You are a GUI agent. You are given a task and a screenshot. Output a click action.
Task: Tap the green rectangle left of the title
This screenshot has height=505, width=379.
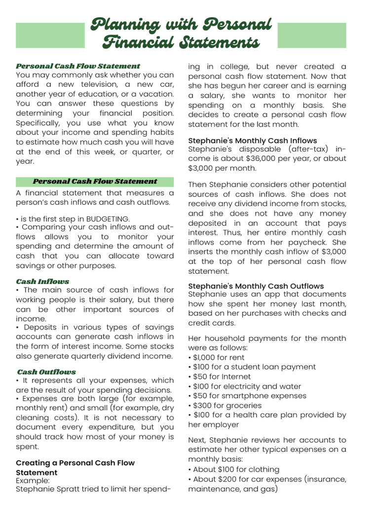(x=50, y=35)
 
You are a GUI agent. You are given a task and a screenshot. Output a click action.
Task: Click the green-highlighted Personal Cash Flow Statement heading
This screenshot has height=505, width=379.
(x=95, y=181)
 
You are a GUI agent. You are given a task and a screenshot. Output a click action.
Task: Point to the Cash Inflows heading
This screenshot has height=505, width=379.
(x=42, y=282)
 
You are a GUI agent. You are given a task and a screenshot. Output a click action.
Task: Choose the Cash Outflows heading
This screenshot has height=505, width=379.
(x=46, y=372)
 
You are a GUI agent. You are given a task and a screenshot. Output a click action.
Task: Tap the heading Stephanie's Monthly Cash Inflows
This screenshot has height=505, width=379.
(x=253, y=141)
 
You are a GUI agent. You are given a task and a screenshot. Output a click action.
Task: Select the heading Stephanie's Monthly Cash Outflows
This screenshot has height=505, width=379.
(x=256, y=286)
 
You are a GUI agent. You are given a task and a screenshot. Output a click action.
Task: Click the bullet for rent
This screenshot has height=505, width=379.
(x=216, y=358)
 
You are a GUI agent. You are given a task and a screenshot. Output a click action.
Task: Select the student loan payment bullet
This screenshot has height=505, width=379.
(x=252, y=367)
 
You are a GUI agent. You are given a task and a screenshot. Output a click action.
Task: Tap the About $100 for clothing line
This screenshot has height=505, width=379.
(x=233, y=469)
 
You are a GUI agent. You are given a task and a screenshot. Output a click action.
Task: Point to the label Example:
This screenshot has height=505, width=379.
(x=33, y=480)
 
